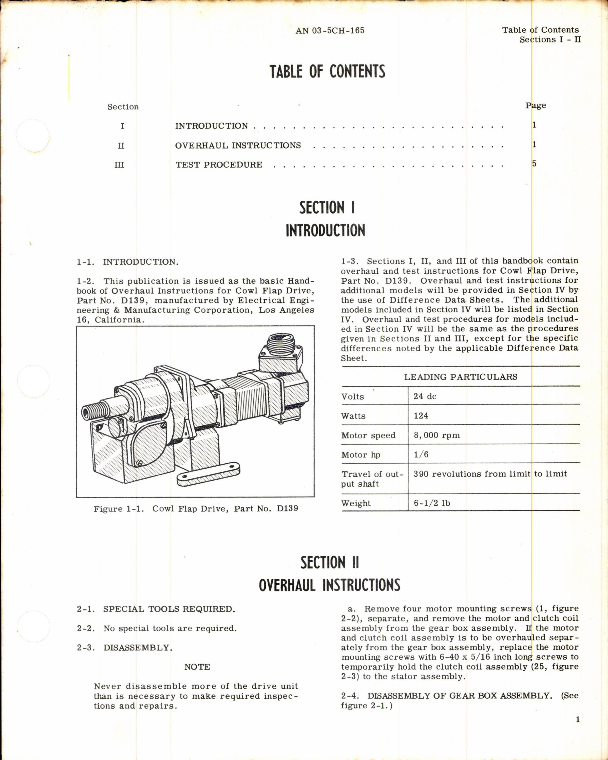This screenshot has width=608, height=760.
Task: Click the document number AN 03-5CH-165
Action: (330, 31)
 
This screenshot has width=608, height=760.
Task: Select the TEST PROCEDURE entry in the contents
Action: (219, 165)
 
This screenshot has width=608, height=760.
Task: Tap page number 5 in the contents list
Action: (534, 164)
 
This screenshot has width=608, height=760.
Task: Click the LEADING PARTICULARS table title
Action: (460, 377)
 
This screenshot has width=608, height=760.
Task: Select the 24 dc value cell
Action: (425, 396)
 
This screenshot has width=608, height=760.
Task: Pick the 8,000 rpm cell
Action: (437, 435)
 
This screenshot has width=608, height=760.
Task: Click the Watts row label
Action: (353, 416)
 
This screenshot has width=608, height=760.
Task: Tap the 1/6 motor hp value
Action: (421, 455)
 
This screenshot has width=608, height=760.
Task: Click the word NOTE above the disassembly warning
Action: (197, 667)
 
